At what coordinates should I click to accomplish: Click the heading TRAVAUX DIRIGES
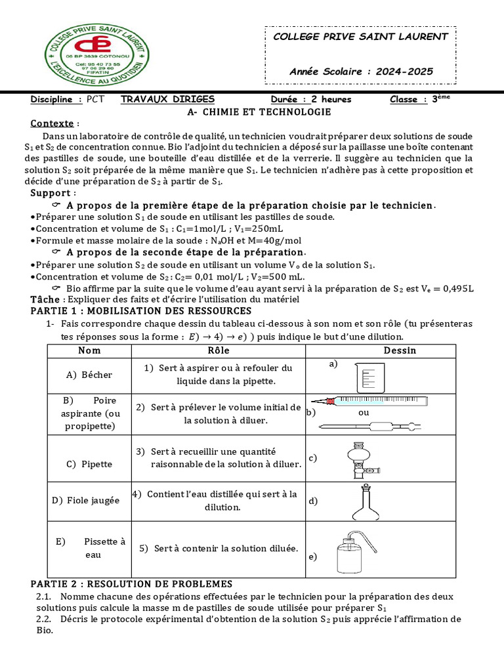pos(168,99)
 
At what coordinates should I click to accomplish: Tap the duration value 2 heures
pos(331,100)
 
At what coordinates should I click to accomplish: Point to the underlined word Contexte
pos(52,123)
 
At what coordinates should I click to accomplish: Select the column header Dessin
pos(400,350)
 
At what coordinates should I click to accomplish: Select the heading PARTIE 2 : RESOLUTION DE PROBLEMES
pos(131,584)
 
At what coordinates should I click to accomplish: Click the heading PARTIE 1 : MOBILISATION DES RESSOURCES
pos(140,310)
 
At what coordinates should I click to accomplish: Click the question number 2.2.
pos(44,619)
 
